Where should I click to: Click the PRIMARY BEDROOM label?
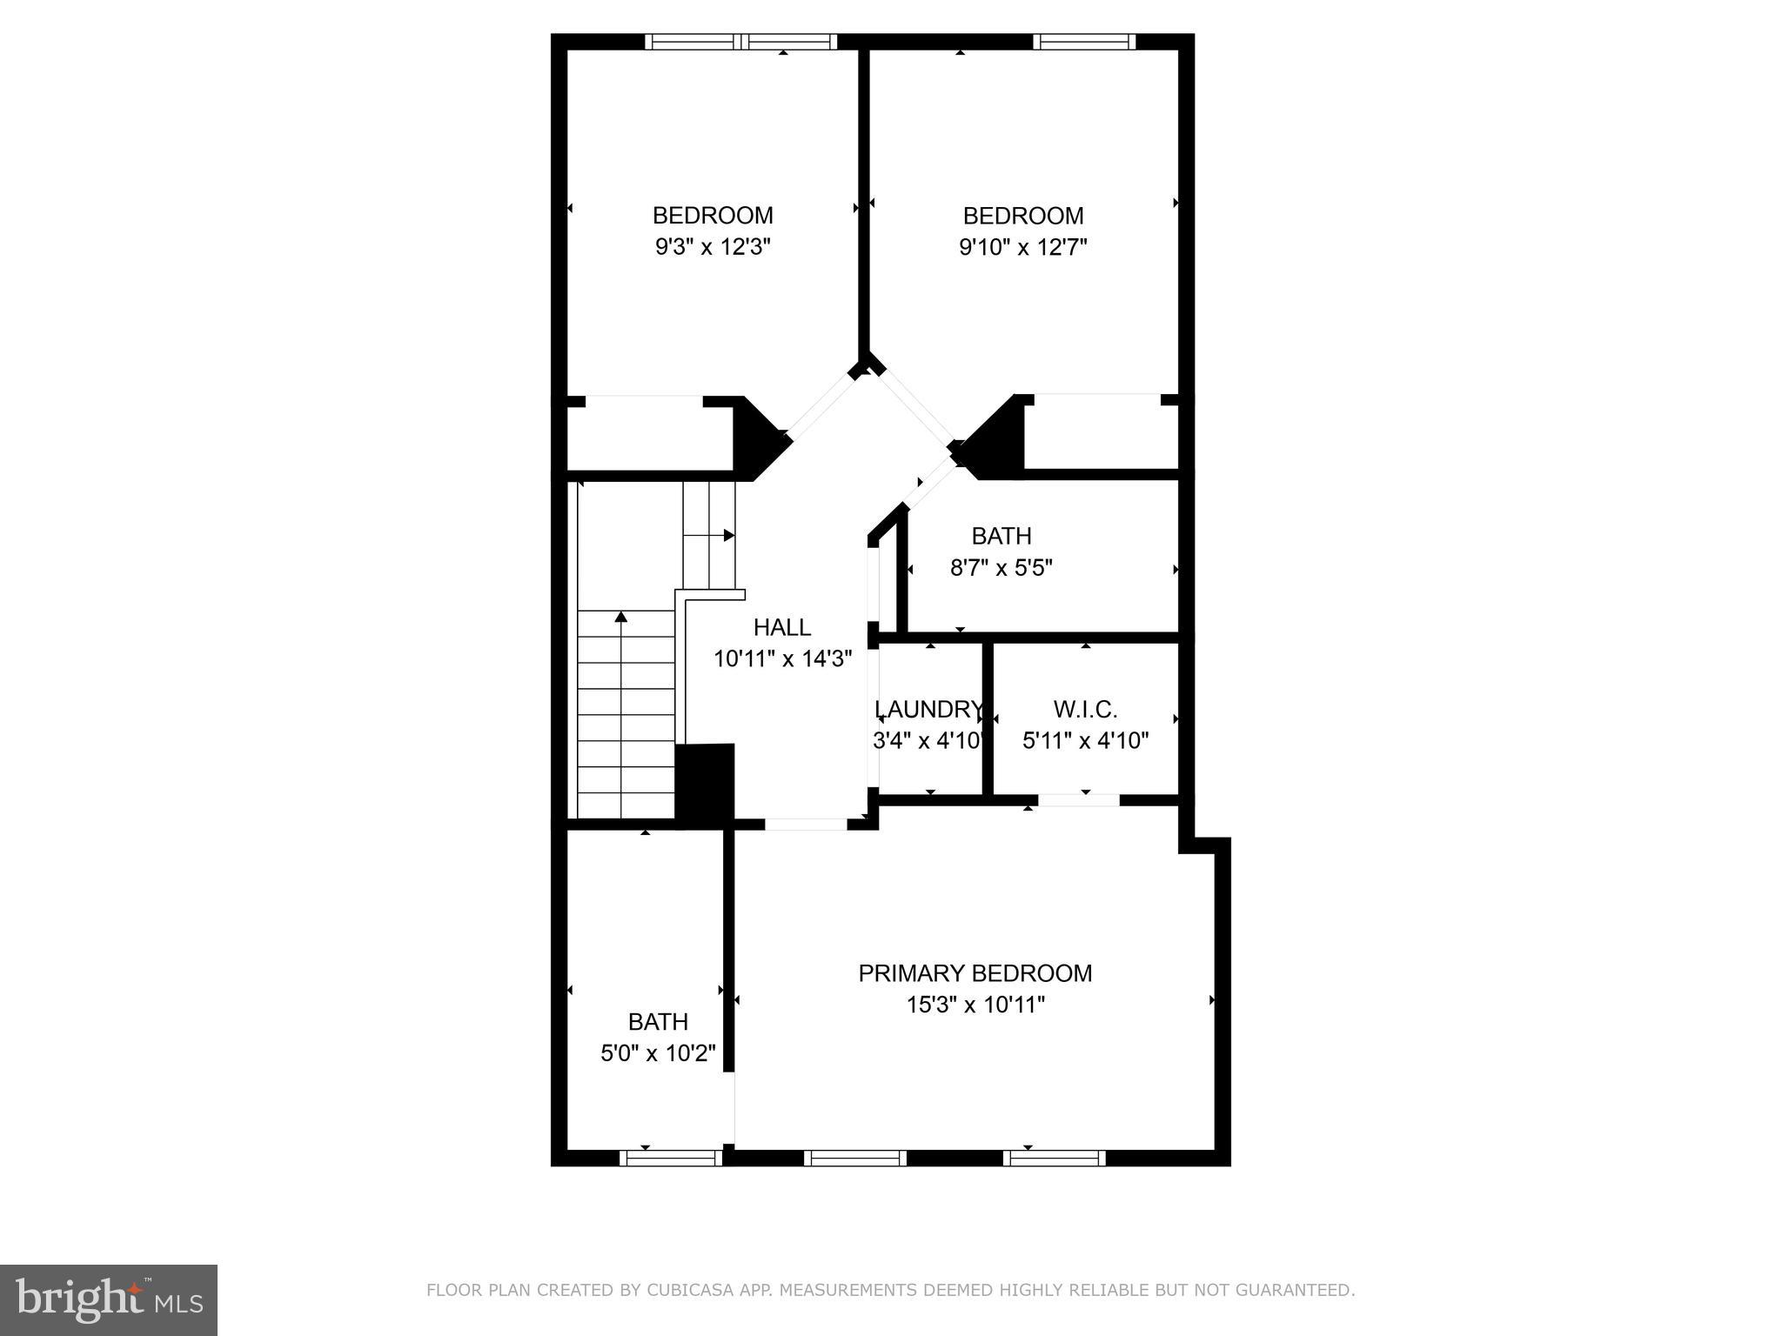pos(975,973)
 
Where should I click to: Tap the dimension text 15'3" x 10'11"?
pos(975,1005)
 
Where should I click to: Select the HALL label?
pos(781,627)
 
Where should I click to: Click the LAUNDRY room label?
pos(928,710)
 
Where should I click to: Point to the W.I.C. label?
pos(1085,710)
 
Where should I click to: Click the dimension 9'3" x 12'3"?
pos(713,248)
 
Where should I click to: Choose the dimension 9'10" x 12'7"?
pos(1022,248)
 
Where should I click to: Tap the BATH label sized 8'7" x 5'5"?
pos(1002,536)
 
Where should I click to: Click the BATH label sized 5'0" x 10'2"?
pos(658,1021)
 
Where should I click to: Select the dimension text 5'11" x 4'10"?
pos(1085,741)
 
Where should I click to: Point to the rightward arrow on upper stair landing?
pos(727,535)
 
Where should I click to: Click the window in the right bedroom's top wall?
pos(1084,41)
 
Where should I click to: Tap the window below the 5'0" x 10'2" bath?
pos(671,1158)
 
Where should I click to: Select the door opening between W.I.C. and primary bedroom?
pos(1078,800)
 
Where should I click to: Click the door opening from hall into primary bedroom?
pos(806,824)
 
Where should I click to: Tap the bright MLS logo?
pos(108,1299)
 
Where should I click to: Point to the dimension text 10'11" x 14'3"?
pos(781,659)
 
